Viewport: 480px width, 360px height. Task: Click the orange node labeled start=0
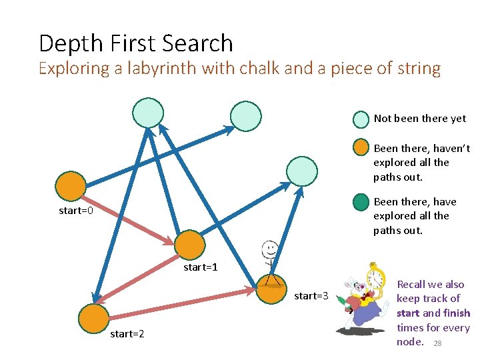click(x=70, y=187)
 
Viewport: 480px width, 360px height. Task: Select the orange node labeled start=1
click(x=190, y=244)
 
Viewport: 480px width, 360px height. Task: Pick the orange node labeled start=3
click(x=271, y=289)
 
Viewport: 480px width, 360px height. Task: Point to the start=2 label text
click(x=127, y=333)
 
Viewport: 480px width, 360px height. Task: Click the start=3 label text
click(x=311, y=295)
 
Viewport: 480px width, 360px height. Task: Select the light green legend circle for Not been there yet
click(x=361, y=119)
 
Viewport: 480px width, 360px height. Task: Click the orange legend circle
click(x=361, y=148)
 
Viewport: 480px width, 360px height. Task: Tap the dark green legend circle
click(x=361, y=201)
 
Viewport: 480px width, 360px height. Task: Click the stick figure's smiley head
click(x=269, y=249)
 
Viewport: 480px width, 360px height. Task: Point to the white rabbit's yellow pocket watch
click(x=375, y=277)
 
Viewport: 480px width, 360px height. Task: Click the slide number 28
click(x=437, y=343)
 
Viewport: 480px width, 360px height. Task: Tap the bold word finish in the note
click(x=457, y=313)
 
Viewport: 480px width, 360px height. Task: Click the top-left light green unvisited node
click(x=147, y=113)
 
